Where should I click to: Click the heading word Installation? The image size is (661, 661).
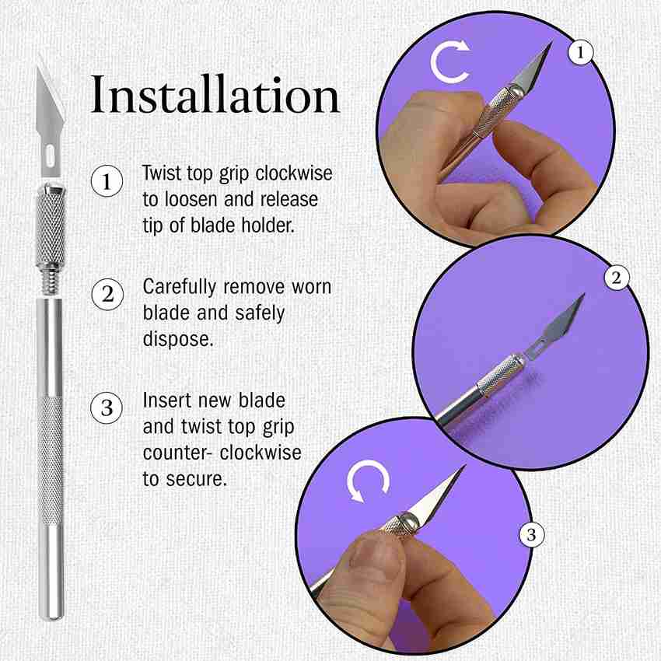click(215, 95)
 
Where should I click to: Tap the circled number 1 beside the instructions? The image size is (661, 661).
click(107, 181)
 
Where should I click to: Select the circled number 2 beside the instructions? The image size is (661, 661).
click(107, 294)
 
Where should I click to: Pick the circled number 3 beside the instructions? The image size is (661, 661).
click(107, 407)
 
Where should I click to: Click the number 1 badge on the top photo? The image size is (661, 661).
click(580, 52)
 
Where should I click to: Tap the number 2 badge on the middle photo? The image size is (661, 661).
click(617, 278)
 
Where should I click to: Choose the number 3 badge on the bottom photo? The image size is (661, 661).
click(531, 535)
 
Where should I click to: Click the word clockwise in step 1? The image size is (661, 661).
click(294, 173)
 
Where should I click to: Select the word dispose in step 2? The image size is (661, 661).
click(178, 339)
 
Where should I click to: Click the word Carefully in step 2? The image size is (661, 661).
click(180, 288)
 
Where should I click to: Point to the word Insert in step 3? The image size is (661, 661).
click(167, 400)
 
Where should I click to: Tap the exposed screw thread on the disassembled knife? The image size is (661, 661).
click(51, 279)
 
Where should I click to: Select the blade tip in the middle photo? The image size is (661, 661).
click(583, 295)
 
